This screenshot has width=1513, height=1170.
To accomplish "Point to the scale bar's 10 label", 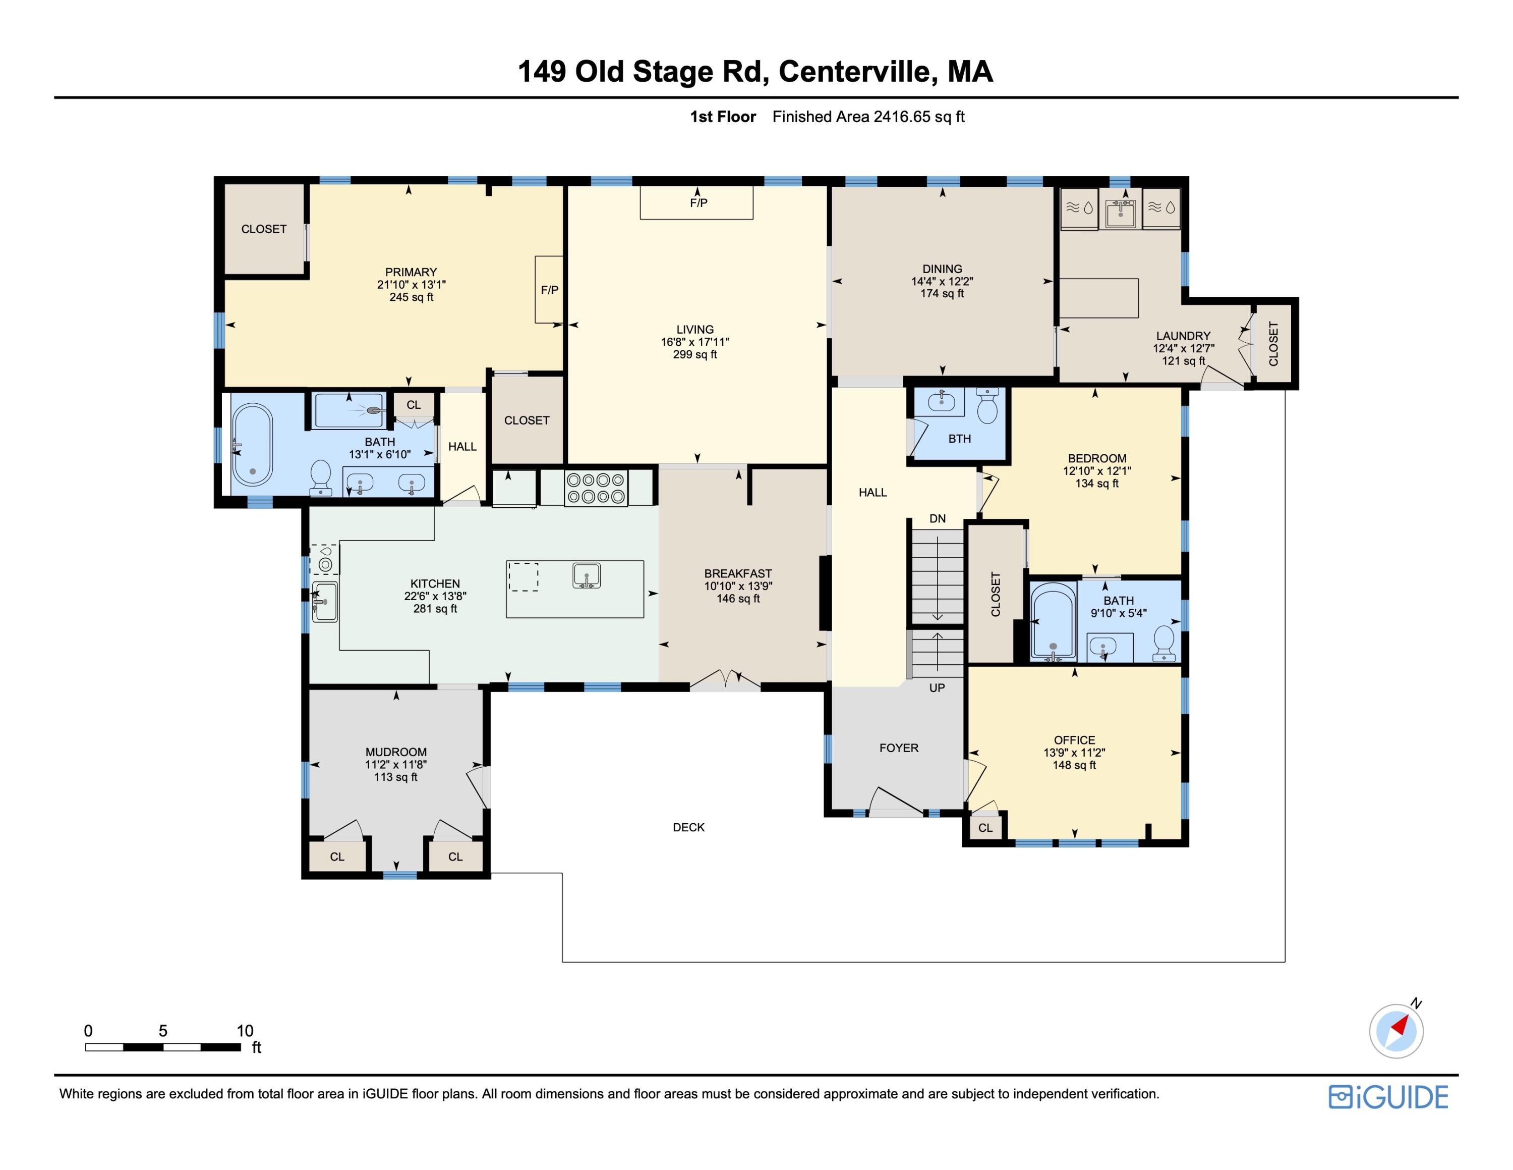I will point(245,1031).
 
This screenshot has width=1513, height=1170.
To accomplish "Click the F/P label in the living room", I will point(699,203).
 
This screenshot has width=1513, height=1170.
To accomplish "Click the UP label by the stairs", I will point(937,687).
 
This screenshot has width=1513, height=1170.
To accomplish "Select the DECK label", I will point(688,827).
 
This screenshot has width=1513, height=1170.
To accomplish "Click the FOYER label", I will point(899,748).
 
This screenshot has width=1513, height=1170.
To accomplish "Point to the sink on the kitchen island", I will point(586,576).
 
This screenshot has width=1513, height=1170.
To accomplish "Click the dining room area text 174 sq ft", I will point(942,294).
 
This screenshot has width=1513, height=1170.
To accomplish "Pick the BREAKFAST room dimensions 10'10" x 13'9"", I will point(738,586).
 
